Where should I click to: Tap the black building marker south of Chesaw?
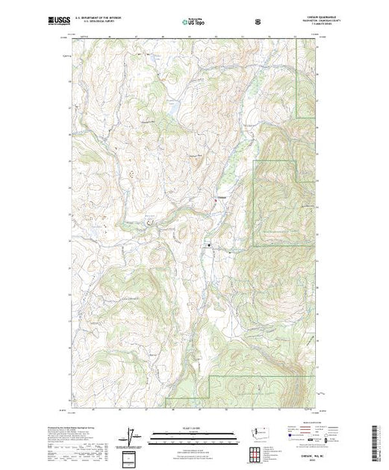coord(210,245)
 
